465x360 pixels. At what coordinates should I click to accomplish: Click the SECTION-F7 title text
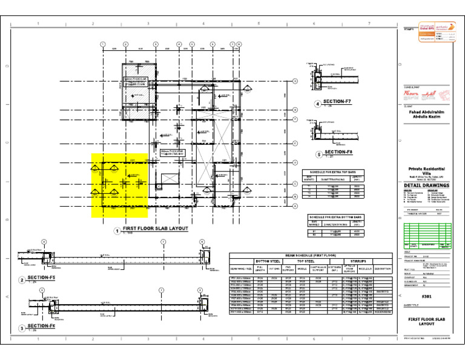tap(337, 102)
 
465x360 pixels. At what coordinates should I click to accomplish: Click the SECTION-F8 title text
tap(337, 152)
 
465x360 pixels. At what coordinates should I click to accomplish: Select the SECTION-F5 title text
tap(41, 278)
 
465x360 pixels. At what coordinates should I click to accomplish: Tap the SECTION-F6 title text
tap(41, 327)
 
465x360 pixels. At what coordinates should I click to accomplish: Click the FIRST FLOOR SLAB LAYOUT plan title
tap(155, 229)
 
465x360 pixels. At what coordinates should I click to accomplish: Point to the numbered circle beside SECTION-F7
tap(317, 104)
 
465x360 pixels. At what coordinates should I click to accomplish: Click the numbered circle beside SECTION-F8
tap(318, 154)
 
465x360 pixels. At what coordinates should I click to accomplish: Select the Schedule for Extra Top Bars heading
tap(334, 172)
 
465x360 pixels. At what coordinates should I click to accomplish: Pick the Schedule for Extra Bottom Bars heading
tap(336, 216)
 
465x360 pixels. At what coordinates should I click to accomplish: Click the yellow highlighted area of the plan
tap(119, 185)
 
